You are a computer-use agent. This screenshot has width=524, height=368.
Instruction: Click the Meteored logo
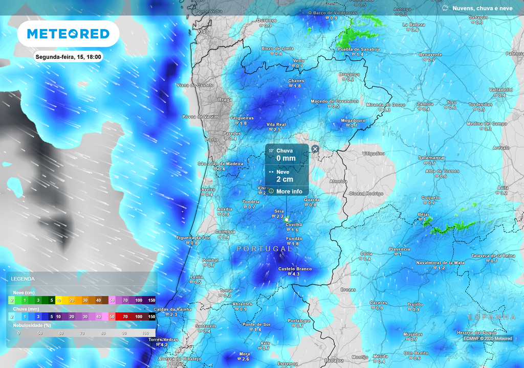68,34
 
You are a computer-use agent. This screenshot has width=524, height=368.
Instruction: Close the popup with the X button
315,149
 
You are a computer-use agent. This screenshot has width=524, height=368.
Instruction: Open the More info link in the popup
289,191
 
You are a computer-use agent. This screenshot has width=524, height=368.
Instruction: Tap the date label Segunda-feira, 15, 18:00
68,57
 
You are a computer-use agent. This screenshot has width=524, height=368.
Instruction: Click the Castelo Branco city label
295,269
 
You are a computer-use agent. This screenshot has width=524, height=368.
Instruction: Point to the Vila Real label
276,124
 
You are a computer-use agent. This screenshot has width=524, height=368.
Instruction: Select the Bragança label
350,74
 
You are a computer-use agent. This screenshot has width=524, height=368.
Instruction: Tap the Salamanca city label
431,158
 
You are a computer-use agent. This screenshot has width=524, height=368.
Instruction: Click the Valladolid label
500,89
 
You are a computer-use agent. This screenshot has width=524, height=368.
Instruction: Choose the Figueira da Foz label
193,238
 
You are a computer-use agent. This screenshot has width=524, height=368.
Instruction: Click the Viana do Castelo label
194,85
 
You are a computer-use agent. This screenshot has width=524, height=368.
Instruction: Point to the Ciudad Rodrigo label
366,193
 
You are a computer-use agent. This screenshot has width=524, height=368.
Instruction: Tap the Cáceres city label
378,303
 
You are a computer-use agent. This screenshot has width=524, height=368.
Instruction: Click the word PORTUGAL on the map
265,248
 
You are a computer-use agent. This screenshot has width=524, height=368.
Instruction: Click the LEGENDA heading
23,279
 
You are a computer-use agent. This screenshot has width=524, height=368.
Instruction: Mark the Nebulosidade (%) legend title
32,325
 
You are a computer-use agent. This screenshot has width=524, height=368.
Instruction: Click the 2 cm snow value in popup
285,179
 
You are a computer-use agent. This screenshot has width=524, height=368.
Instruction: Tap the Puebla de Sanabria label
359,49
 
